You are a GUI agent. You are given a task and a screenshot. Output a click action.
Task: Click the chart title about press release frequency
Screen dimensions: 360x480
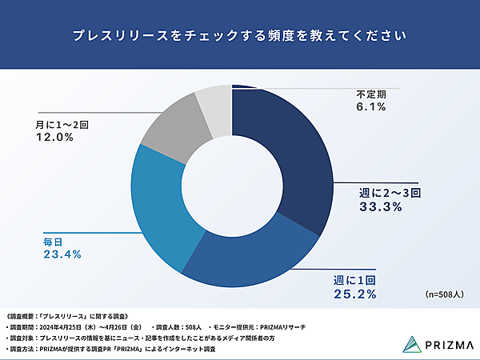[239, 36]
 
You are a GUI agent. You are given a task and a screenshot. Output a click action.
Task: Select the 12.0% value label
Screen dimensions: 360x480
[55, 138]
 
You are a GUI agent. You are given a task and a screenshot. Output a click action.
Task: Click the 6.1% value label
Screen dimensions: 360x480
[372, 107]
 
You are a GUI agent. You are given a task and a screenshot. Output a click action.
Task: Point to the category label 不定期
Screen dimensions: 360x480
[373, 94]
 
